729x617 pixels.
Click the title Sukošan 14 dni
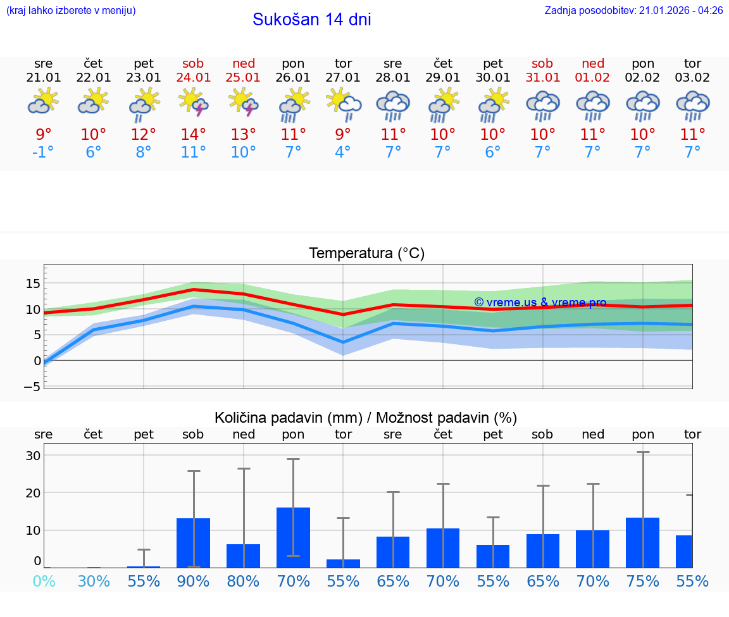pyautogui.click(x=311, y=20)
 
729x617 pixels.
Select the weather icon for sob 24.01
pyautogui.click(x=194, y=102)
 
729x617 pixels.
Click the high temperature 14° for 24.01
pyautogui.click(x=194, y=134)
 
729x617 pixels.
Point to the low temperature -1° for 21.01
pyautogui.click(x=43, y=153)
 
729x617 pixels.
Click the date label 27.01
pyautogui.click(x=343, y=77)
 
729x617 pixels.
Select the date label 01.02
pyautogui.click(x=593, y=77)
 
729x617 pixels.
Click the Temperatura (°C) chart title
pyautogui.click(x=366, y=254)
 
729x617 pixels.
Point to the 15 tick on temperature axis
pyautogui.click(x=33, y=283)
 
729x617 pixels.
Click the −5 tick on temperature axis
pyautogui.click(x=32, y=387)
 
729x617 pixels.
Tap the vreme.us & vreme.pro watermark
pyautogui.click(x=540, y=302)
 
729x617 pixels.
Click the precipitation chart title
pyautogui.click(x=366, y=418)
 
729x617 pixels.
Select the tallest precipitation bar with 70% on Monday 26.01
pyautogui.click(x=293, y=537)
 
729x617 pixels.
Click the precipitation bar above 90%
pyautogui.click(x=193, y=542)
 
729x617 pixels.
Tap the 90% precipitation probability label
pyautogui.click(x=194, y=581)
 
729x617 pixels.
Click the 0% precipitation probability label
pyautogui.click(x=43, y=581)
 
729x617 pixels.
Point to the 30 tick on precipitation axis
pyautogui.click(x=33, y=456)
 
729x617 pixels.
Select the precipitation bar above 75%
pyautogui.click(x=642, y=542)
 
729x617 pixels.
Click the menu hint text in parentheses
pyautogui.click(x=71, y=10)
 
